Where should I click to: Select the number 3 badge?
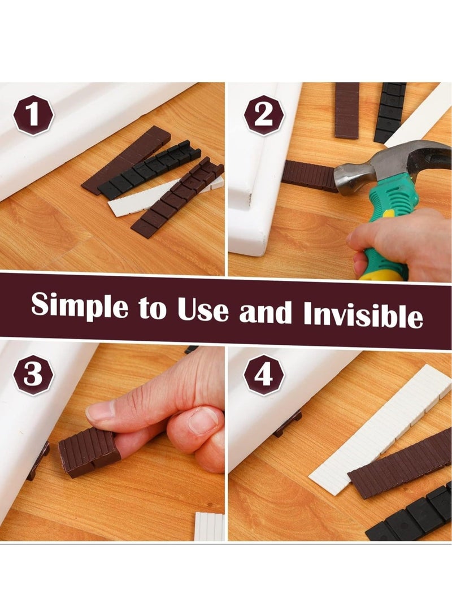33,375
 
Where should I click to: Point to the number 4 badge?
264,375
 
